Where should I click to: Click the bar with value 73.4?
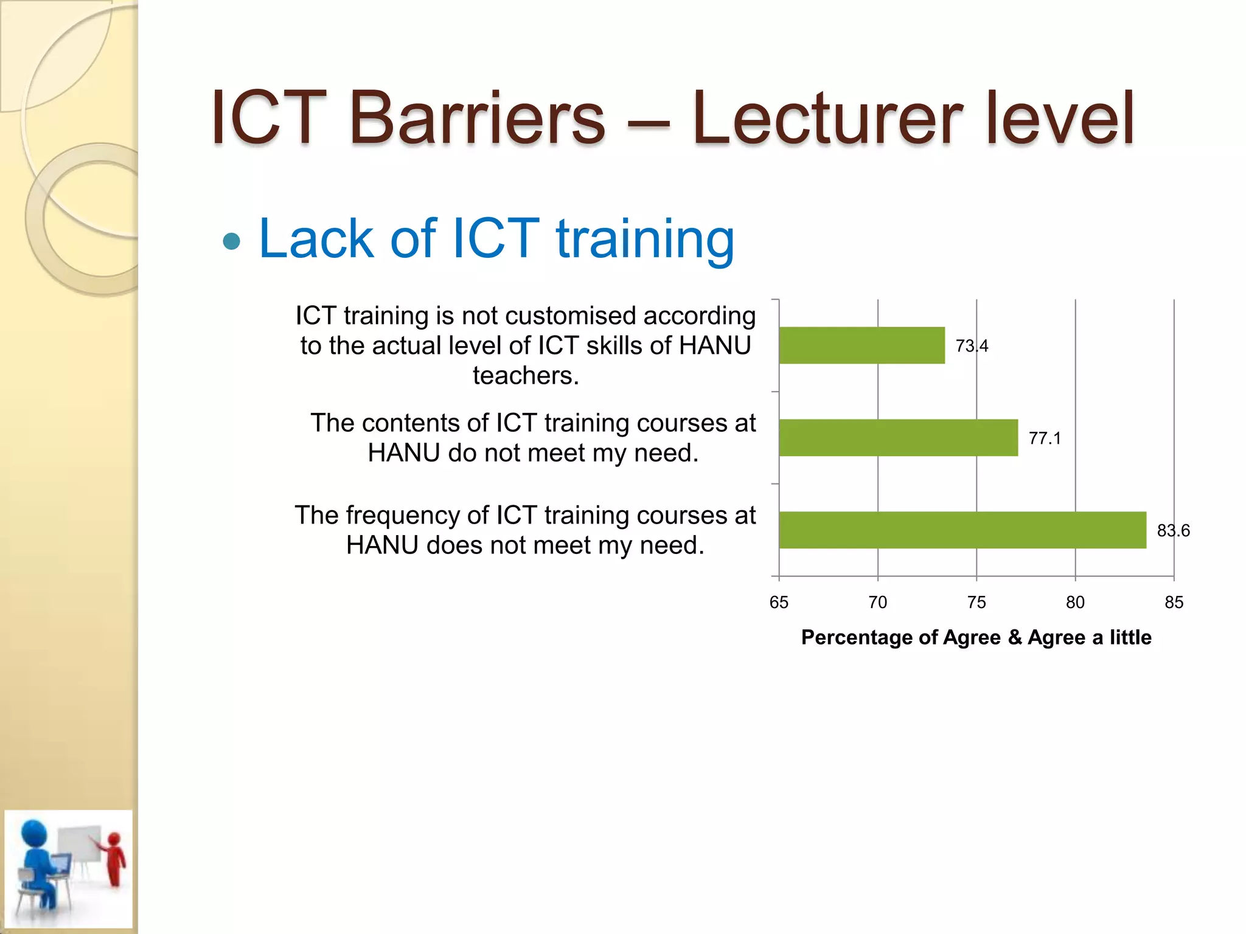click(861, 345)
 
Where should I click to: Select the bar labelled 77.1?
click(898, 438)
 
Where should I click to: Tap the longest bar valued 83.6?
click(962, 530)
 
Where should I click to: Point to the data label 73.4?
click(972, 346)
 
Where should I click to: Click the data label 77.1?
click(1045, 438)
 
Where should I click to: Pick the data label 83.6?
click(1173, 531)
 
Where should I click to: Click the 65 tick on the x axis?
click(779, 603)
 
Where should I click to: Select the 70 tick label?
click(877, 603)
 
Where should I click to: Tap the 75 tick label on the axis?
click(976, 603)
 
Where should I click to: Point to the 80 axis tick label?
click(1075, 603)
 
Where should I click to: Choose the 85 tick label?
click(1174, 603)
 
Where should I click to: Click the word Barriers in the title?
click(477, 118)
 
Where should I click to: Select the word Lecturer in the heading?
click(827, 118)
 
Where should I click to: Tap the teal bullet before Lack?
click(232, 241)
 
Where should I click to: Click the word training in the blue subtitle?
click(645, 239)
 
